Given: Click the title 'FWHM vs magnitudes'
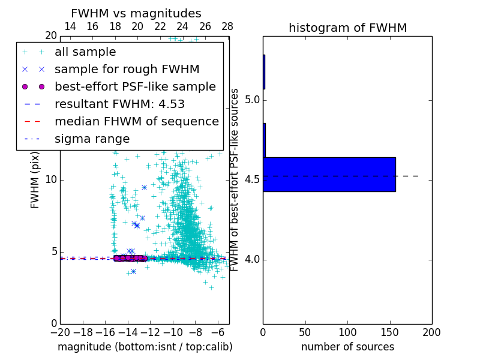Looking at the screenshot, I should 136,13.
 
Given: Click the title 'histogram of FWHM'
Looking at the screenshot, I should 347,28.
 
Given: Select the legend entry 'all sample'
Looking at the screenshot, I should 85,52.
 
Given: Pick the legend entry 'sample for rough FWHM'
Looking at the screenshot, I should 127,69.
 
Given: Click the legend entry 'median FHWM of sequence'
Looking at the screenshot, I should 136,121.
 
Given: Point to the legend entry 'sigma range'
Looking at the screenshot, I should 92,139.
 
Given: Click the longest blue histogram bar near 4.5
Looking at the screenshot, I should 329,175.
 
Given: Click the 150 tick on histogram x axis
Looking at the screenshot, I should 389,332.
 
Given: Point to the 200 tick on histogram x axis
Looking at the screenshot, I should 431,332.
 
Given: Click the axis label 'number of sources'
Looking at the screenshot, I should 347,347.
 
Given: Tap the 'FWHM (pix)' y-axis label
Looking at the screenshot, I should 35,180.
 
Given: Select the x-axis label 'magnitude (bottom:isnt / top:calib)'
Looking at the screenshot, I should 145,347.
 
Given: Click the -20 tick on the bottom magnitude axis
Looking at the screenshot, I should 60,332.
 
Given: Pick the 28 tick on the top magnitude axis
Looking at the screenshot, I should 227,26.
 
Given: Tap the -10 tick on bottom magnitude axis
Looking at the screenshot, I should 173,332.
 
